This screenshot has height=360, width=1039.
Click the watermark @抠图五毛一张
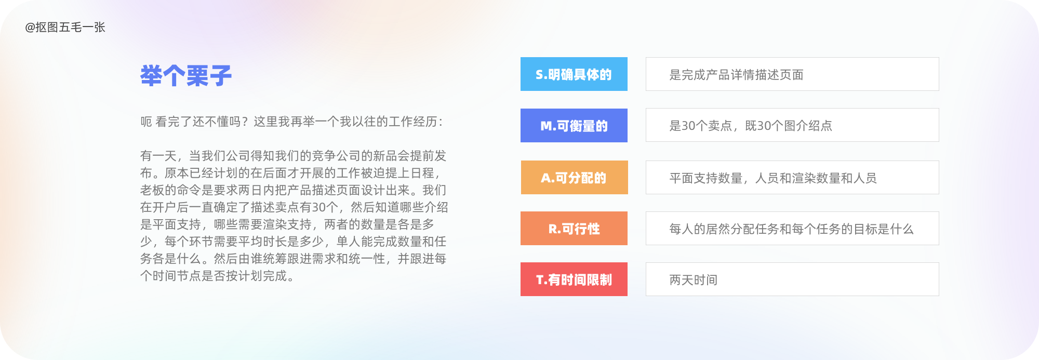(x=65, y=27)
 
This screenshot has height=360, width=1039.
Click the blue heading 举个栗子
(x=186, y=76)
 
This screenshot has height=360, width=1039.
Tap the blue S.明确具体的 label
(x=574, y=74)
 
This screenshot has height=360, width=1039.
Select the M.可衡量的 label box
(x=574, y=125)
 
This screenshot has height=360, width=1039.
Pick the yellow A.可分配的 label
(x=574, y=177)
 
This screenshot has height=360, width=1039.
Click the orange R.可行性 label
(x=574, y=228)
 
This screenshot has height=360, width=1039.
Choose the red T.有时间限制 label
(x=574, y=279)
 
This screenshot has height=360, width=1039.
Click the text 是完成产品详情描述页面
(x=736, y=75)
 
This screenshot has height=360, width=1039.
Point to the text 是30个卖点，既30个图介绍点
(x=751, y=126)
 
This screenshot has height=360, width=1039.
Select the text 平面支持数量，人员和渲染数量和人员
(x=773, y=178)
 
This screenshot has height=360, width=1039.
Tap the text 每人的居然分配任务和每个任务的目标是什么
(x=791, y=229)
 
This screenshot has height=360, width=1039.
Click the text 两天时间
(x=694, y=280)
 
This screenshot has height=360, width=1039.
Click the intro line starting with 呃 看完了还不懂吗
(x=291, y=122)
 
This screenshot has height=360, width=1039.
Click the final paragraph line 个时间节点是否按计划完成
(x=217, y=276)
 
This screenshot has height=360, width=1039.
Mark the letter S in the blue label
(x=539, y=75)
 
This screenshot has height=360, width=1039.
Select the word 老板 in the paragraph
(x=152, y=190)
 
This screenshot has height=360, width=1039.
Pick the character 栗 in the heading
(x=197, y=76)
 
